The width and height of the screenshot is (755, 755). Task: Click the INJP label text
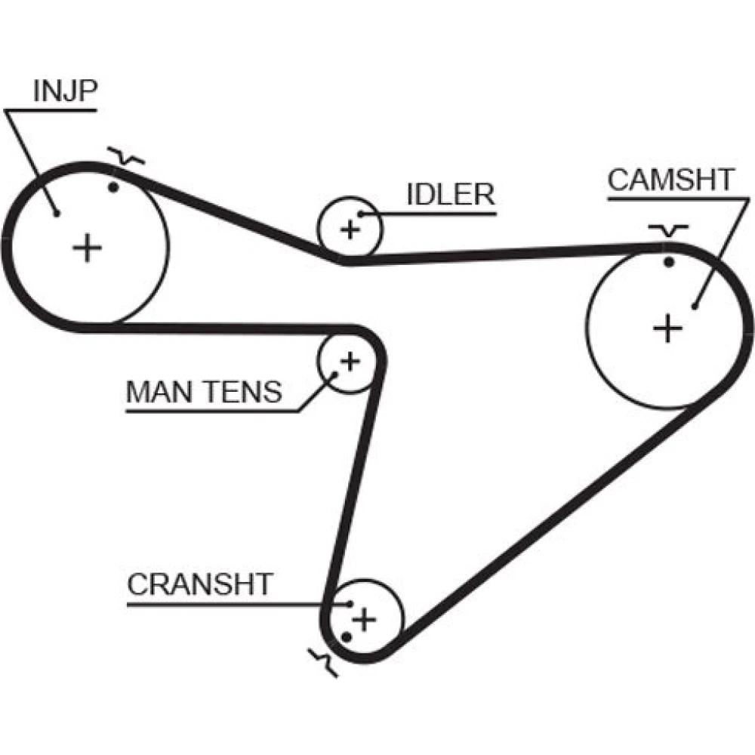coord(64,91)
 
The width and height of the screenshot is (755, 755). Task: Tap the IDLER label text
coord(450,194)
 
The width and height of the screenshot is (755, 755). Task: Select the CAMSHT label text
coord(670,180)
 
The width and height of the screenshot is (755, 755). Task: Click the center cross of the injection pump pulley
coord(88,248)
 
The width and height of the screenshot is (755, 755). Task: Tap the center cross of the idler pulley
coord(350,229)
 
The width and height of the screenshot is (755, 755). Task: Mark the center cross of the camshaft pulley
coord(667,328)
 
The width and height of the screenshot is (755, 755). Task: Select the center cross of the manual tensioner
coord(350,361)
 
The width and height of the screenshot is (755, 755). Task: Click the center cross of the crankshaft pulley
coord(365,619)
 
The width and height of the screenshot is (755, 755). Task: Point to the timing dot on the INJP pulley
coord(114,186)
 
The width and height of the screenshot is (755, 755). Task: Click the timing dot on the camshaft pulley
coord(668,262)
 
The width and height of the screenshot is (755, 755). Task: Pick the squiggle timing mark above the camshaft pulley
coord(668,230)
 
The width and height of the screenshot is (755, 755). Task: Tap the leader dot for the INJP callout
coord(57,212)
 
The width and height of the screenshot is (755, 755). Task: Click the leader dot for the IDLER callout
coord(361,215)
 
